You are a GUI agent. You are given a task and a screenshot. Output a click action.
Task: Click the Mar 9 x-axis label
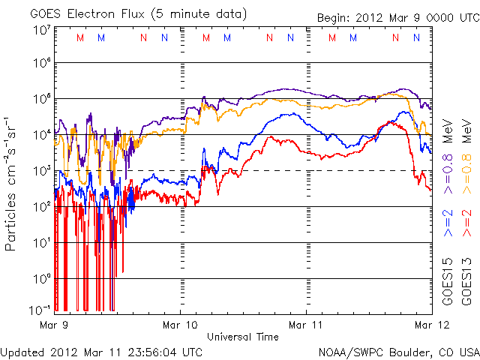[55, 325]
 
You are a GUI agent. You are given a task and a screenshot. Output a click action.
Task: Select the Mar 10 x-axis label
[181, 325]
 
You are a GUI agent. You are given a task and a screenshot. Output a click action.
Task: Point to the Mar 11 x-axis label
[307, 325]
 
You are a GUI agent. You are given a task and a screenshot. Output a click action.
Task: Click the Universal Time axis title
[243, 337]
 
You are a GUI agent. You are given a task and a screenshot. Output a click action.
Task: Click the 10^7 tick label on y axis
[41, 31]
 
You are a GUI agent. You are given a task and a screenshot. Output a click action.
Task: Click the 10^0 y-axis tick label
[41, 278]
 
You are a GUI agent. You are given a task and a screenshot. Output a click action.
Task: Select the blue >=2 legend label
[447, 223]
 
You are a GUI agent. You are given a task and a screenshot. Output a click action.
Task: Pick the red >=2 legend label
[466, 223]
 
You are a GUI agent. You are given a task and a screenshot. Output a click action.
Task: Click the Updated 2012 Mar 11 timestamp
[102, 351]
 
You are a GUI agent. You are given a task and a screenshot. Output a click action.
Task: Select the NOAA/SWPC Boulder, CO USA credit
[398, 351]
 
